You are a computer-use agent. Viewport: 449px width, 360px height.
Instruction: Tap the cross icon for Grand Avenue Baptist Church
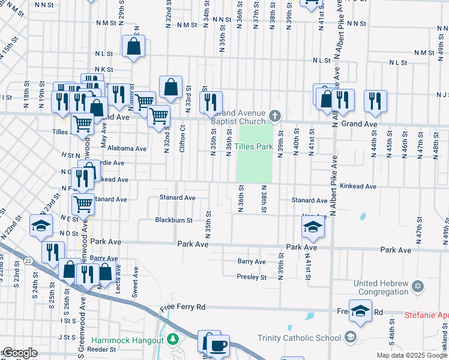coord(274,115)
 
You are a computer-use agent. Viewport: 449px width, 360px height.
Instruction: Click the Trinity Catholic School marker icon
coord(351,337)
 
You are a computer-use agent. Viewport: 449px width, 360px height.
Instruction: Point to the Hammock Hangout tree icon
coord(173,340)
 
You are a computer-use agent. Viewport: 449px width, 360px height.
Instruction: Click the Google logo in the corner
coord(20,353)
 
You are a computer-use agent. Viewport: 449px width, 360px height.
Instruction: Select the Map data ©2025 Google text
coord(412,355)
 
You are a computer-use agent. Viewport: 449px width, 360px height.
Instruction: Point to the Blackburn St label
coord(174,220)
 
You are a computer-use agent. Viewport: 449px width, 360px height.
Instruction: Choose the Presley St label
coord(252,277)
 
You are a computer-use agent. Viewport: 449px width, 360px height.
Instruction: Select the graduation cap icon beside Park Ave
coord(313,226)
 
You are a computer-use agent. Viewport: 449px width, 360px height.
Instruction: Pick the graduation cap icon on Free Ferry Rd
coord(361,310)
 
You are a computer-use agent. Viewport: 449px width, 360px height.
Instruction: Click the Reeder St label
coord(100,349)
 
